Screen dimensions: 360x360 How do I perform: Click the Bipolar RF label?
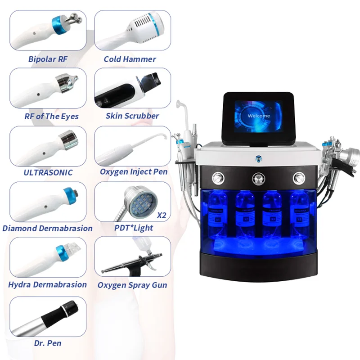point(48,59)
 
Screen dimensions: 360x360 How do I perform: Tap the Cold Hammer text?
point(130,59)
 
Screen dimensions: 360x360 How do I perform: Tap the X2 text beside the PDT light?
point(161,216)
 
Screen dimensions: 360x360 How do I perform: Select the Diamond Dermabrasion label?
point(47,228)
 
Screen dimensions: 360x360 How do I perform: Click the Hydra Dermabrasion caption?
point(47,284)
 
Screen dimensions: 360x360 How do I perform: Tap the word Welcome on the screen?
point(259,116)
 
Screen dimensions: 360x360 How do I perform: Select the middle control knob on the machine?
point(260,177)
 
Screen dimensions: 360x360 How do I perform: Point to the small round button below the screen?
point(259,157)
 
